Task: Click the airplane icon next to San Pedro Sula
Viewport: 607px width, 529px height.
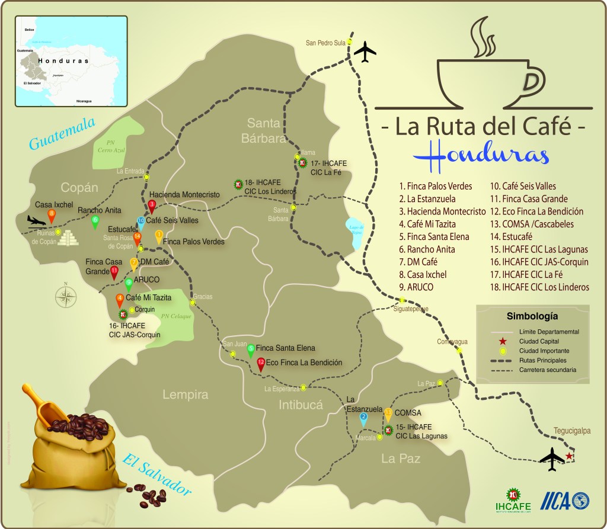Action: click(365, 52)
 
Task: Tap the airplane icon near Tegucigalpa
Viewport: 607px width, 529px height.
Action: click(553, 459)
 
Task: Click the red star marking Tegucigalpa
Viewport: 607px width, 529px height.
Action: click(569, 456)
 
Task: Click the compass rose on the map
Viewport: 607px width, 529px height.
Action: click(66, 296)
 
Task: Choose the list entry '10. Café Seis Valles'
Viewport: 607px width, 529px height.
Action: click(522, 186)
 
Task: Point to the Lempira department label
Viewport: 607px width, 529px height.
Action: click(187, 395)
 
